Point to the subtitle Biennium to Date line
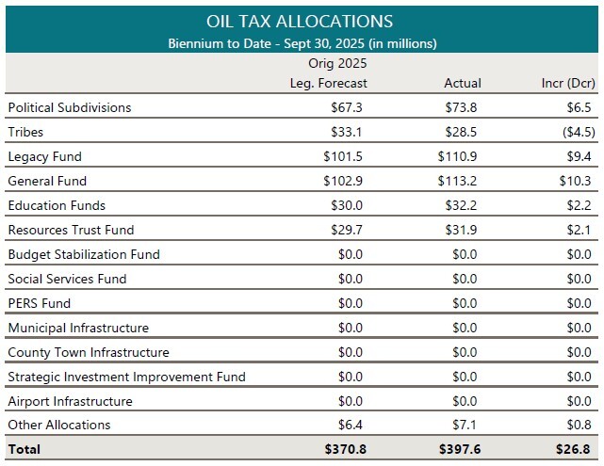click(x=302, y=43)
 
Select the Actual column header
click(x=463, y=83)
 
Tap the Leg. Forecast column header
click(x=328, y=83)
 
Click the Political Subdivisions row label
click(x=70, y=107)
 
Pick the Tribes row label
click(x=25, y=132)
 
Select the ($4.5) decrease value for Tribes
click(x=577, y=132)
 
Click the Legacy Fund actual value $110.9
click(x=460, y=156)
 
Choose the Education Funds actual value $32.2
click(x=463, y=205)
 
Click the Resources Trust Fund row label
click(x=71, y=230)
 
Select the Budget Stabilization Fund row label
click(x=84, y=254)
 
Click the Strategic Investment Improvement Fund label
click(x=126, y=377)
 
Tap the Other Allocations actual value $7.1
click(x=466, y=425)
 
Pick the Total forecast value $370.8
click(x=346, y=449)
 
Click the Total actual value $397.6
click(x=459, y=449)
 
